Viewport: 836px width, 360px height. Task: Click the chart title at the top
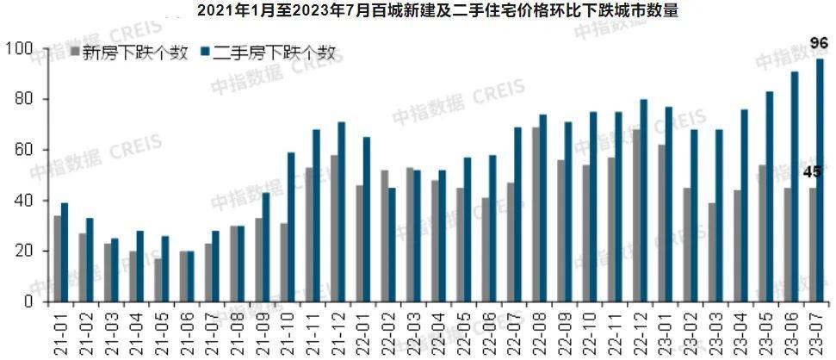coord(418,11)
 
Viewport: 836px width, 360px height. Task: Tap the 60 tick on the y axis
coord(21,150)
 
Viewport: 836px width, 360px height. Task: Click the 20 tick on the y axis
coord(21,251)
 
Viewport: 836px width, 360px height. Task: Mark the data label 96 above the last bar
coord(819,43)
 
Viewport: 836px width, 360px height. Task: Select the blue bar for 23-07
coord(820,180)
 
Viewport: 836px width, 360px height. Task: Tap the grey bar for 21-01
coord(57,258)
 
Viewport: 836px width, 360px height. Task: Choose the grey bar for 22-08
coord(535,214)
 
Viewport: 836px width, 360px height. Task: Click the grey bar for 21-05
coord(158,280)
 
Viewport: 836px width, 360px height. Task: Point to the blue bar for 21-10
coord(291,227)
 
